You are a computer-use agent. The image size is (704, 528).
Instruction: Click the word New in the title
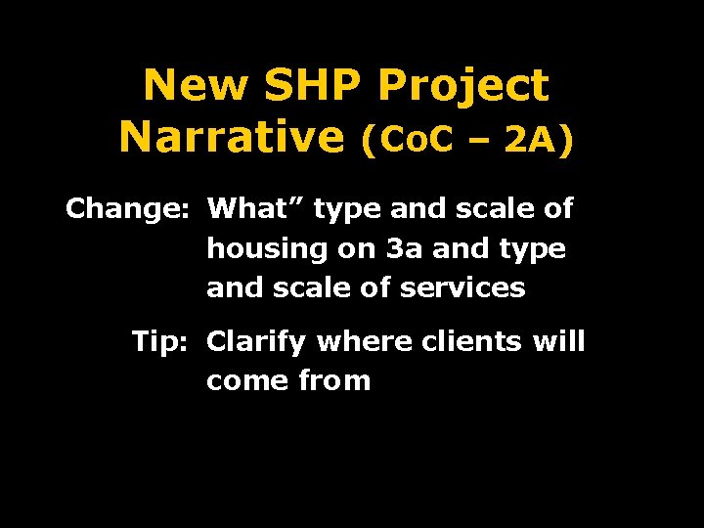tap(196, 87)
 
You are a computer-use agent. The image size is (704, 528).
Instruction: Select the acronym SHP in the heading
tap(314, 87)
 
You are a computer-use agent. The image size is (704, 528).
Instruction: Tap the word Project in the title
tap(463, 87)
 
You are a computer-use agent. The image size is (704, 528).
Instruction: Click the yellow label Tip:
tap(162, 342)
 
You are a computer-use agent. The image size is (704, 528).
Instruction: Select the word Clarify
tap(258, 343)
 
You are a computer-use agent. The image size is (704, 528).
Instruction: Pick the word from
tap(335, 381)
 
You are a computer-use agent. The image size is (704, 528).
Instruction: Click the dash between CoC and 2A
tap(480, 143)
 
